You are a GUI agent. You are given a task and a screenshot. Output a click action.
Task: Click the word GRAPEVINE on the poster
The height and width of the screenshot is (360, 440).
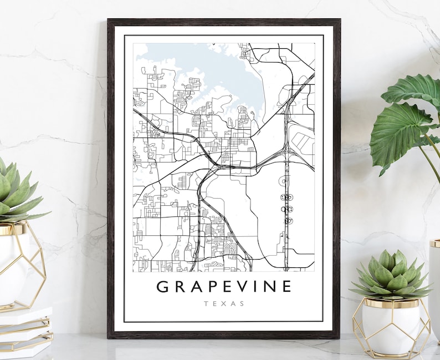click(224, 287)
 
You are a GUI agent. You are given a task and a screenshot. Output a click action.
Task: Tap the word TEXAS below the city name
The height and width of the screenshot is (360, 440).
click(224, 303)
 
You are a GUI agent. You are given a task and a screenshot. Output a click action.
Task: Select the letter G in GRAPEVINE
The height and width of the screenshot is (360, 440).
click(163, 287)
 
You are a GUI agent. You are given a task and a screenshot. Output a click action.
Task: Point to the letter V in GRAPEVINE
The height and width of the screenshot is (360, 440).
click(238, 287)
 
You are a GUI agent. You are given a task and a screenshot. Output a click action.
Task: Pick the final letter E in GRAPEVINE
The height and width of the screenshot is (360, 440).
click(285, 287)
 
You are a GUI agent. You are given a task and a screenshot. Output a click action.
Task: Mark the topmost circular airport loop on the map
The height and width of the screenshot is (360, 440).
click(286, 180)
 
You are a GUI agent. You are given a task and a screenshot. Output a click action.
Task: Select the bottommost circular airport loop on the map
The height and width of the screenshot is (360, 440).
click(286, 221)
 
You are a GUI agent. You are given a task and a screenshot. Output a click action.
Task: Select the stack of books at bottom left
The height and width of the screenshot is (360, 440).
click(25, 330)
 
